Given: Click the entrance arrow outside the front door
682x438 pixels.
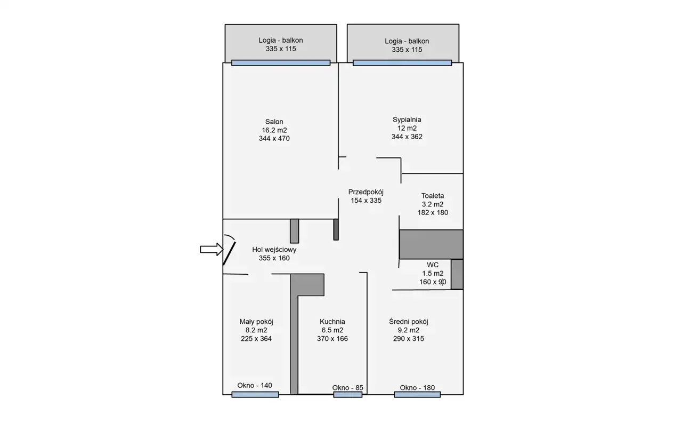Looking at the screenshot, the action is [212, 249].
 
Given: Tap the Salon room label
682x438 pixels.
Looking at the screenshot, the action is [274, 122].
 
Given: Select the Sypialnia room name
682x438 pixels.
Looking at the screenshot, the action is [407, 120].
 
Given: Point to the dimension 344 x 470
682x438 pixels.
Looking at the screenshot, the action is [274, 138].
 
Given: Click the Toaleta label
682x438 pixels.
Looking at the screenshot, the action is [432, 196].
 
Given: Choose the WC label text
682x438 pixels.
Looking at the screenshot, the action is [432, 265].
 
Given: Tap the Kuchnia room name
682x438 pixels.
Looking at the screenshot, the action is [332, 322].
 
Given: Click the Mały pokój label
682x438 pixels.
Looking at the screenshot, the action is [256, 322].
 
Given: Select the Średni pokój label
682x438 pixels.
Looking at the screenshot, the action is [408, 322].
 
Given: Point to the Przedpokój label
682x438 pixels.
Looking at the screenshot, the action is [366, 192].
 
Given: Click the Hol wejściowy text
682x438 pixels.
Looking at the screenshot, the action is [274, 250].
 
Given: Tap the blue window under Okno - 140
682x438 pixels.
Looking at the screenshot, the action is [255, 395].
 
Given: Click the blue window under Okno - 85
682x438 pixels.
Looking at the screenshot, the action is [348, 395].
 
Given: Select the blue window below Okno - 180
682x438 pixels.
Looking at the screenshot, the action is [417, 395].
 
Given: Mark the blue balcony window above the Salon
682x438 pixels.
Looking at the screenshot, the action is [281, 63].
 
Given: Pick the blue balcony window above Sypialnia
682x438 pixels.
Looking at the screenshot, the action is [402, 63].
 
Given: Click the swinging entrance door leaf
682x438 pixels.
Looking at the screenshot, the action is [229, 253].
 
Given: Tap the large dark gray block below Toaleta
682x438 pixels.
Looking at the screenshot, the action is [431, 244].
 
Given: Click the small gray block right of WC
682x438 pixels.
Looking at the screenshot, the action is [457, 274].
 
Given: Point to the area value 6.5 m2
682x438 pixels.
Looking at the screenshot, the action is [332, 330].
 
